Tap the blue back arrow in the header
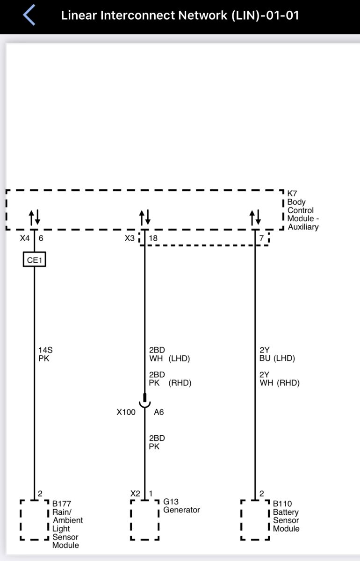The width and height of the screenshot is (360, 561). coord(29,15)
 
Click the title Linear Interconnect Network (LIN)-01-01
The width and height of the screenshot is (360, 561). coord(180,15)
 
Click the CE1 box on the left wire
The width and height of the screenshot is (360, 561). coord(34,259)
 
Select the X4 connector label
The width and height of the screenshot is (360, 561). coord(25,238)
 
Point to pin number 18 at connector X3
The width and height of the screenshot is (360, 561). coord(153,238)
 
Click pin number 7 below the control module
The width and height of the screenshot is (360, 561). coord(261,238)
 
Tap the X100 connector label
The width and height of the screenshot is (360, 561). coord(126,412)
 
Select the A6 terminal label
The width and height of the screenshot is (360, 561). coord(158,412)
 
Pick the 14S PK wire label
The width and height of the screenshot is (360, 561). coord(45,354)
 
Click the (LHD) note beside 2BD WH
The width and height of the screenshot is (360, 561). coord(179,359)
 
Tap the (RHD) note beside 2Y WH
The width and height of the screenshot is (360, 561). coord(288,383)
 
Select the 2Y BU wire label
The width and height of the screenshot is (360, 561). coord(265,354)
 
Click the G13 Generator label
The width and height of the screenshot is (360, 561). coord(181,506)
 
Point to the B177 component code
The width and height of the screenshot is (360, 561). coord(62,503)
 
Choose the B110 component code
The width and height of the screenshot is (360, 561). coord(282,503)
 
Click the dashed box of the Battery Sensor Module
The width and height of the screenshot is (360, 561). coord(241,520)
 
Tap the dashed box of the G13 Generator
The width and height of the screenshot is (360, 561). coord(131,520)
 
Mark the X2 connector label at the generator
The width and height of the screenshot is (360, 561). coord(135,494)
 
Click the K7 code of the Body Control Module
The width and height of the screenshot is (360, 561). coord(292,194)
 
